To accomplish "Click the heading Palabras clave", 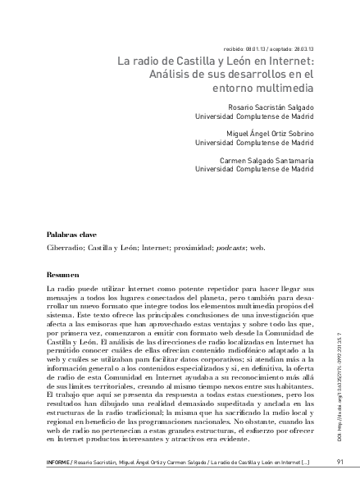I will coord(71,234).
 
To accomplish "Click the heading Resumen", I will coord(63,275).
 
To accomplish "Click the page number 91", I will coord(339,462).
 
